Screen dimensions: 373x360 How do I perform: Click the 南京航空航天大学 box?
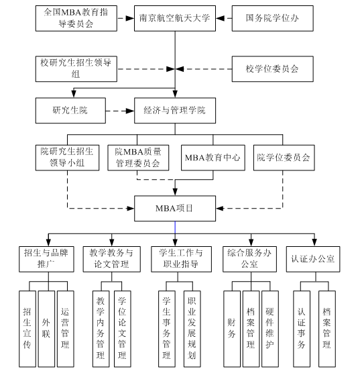click(175, 18)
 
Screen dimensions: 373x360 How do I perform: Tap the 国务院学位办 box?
click(272, 18)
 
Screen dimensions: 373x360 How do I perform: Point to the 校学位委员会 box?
click(272, 68)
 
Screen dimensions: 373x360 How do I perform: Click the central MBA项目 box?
click(175, 208)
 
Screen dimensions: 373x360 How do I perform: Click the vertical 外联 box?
click(46, 328)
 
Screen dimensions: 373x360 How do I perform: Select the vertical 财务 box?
click(231, 328)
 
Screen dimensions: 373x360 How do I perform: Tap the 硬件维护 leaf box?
click(269, 328)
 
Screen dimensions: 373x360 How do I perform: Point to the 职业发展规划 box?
click(192, 328)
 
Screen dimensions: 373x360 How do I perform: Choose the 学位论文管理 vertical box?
click(121, 328)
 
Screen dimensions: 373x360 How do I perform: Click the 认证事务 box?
click(302, 328)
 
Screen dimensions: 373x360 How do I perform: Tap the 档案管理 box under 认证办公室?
click(326, 328)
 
